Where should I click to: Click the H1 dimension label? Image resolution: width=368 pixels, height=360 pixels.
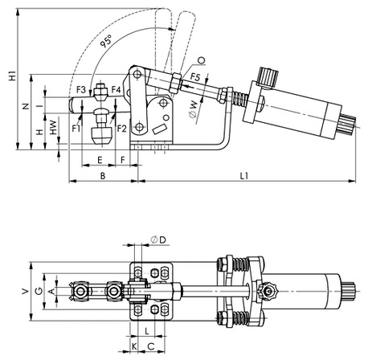[12, 76]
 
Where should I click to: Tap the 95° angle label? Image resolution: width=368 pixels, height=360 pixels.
[106, 41]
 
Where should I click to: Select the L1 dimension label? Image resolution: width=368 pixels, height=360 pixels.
[244, 176]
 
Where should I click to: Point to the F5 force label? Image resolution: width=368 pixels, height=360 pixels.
[195, 77]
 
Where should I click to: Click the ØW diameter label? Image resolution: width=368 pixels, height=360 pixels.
[194, 109]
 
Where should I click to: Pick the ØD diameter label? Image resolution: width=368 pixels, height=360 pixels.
[158, 239]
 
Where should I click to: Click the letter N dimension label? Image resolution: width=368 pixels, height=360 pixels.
[26, 106]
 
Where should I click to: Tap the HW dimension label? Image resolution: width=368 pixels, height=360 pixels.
[54, 127]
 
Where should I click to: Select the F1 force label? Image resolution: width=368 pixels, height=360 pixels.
[76, 129]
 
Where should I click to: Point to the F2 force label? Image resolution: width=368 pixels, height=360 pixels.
[121, 129]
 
